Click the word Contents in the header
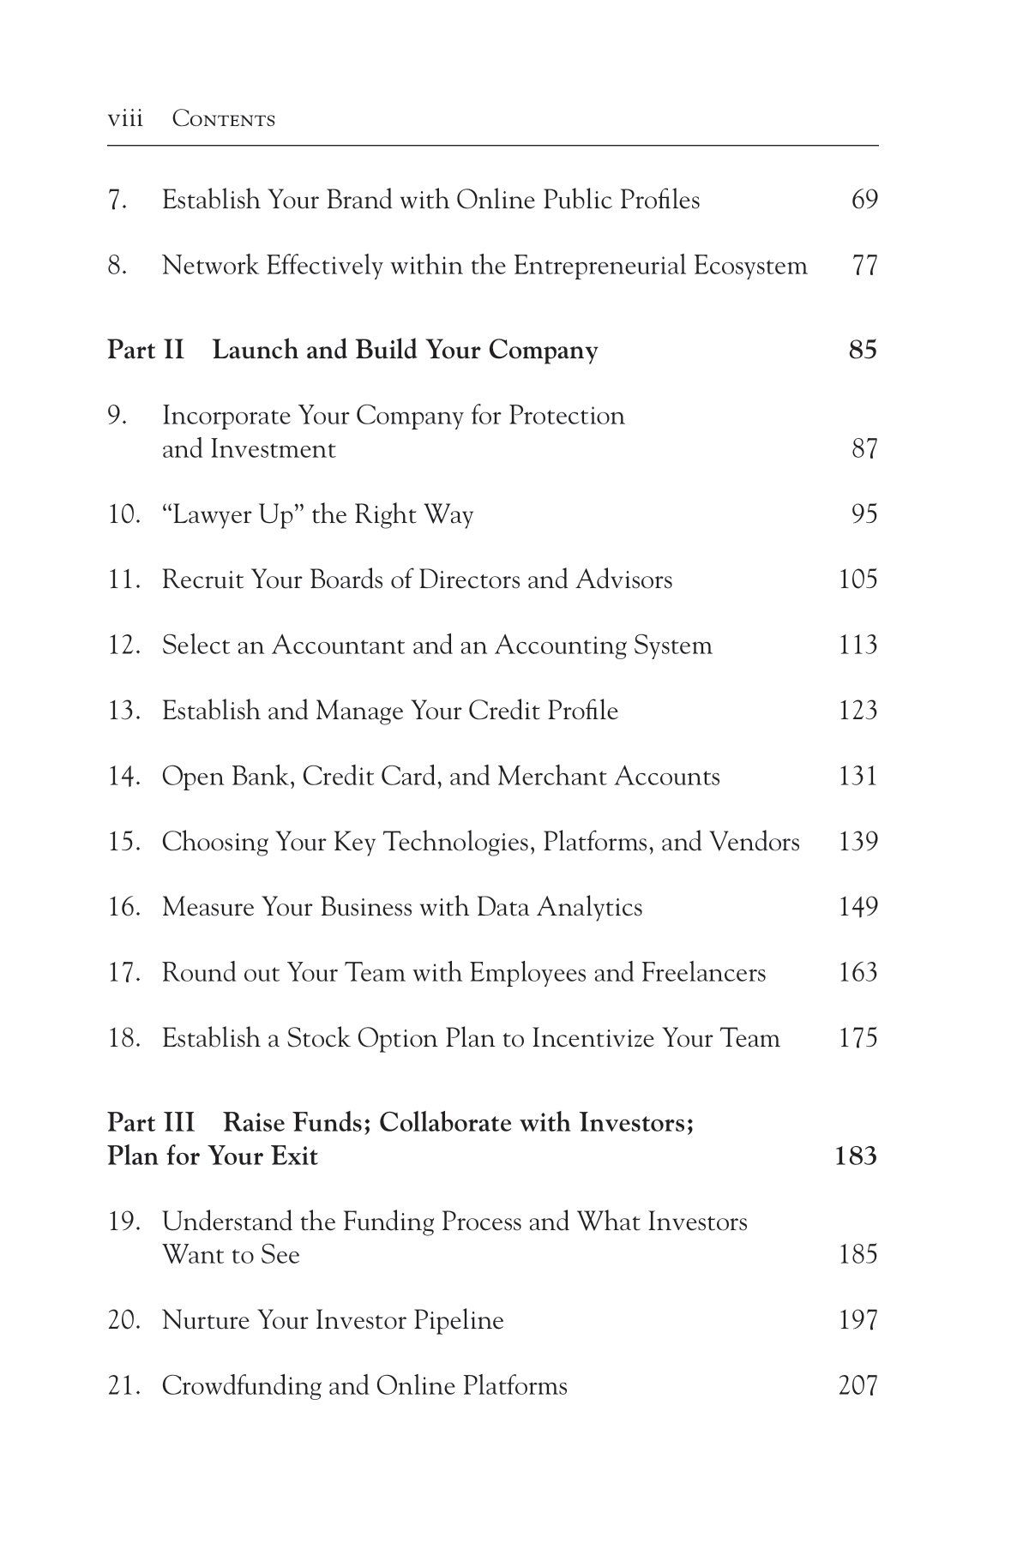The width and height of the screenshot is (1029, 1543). point(224,119)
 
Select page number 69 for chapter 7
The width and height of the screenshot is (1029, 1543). point(864,200)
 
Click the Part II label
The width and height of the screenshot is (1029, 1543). point(145,350)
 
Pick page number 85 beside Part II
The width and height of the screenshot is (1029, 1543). point(863,350)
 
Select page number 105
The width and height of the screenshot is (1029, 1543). point(857,579)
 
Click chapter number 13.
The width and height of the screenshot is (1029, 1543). point(123,711)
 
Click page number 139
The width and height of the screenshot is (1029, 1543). point(857,842)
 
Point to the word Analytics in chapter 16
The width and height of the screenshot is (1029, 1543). point(589,907)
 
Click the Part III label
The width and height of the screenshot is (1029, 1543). point(151,1122)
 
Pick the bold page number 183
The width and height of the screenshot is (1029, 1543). point(855,1156)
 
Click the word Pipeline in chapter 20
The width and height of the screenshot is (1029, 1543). point(458,1320)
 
